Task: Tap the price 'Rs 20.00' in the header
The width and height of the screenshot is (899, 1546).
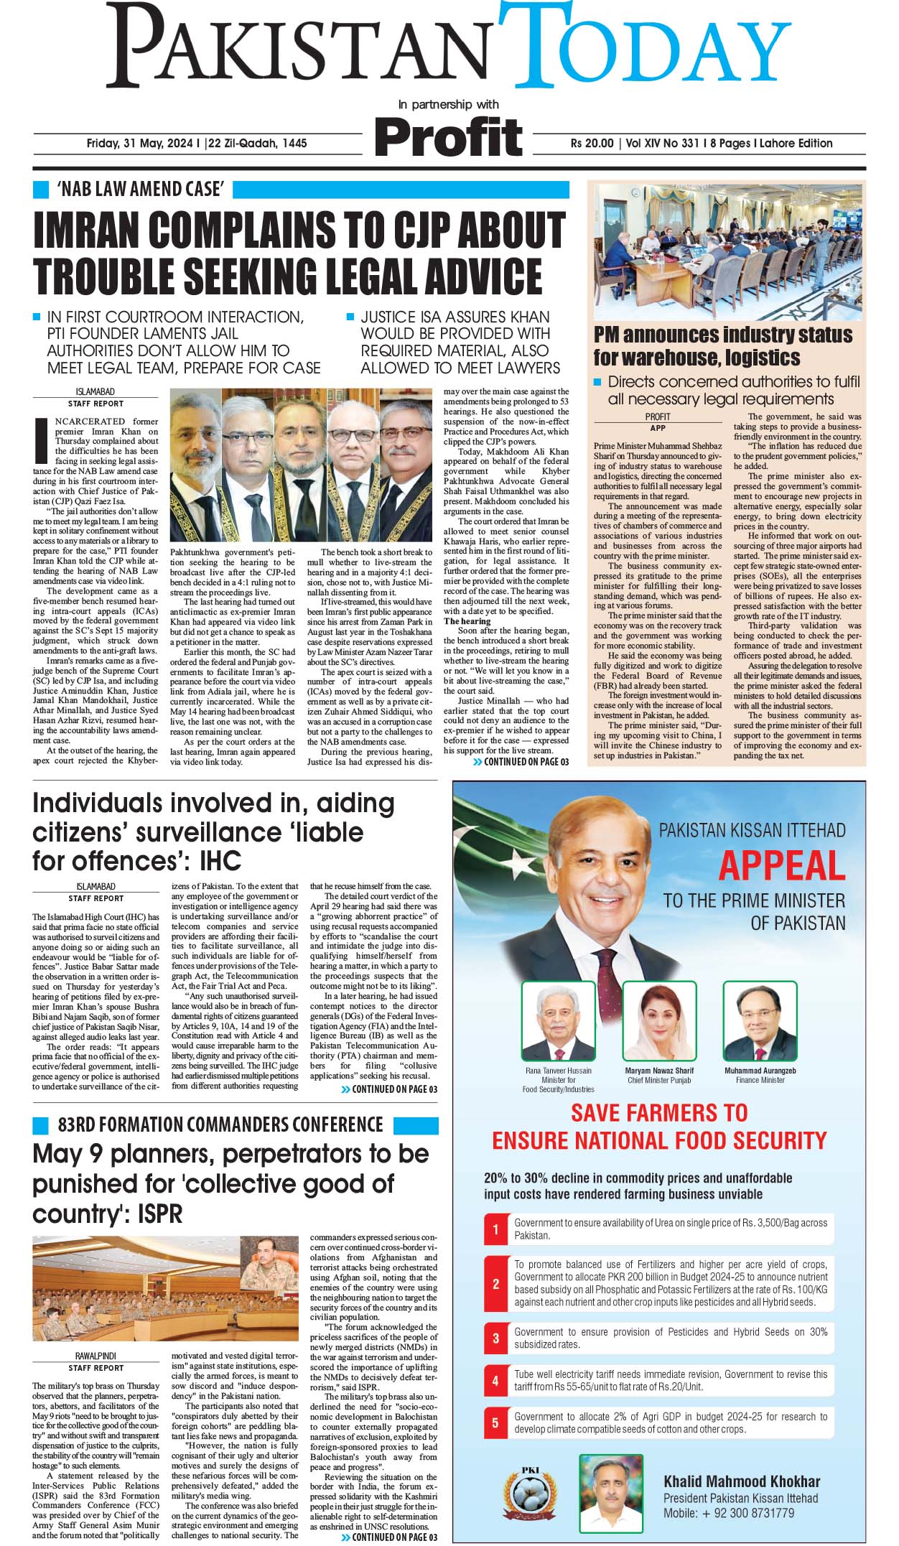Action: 592,143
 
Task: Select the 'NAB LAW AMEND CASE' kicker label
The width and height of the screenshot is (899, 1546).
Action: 141,190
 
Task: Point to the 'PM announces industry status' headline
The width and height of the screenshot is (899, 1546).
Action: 722,335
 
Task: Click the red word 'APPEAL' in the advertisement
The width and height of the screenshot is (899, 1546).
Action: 781,865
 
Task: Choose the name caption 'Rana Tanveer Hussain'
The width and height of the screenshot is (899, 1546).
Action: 559,1071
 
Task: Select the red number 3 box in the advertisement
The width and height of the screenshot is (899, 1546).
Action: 495,1338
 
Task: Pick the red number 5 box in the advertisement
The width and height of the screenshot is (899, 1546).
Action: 495,1422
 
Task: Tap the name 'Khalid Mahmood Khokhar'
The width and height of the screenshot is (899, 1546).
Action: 741,1481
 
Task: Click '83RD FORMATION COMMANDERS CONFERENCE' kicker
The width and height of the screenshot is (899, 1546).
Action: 220,1124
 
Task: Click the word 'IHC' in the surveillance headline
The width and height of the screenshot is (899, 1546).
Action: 220,861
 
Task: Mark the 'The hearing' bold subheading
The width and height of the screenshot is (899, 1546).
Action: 467,621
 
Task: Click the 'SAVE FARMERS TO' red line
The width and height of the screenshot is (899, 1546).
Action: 659,1113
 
